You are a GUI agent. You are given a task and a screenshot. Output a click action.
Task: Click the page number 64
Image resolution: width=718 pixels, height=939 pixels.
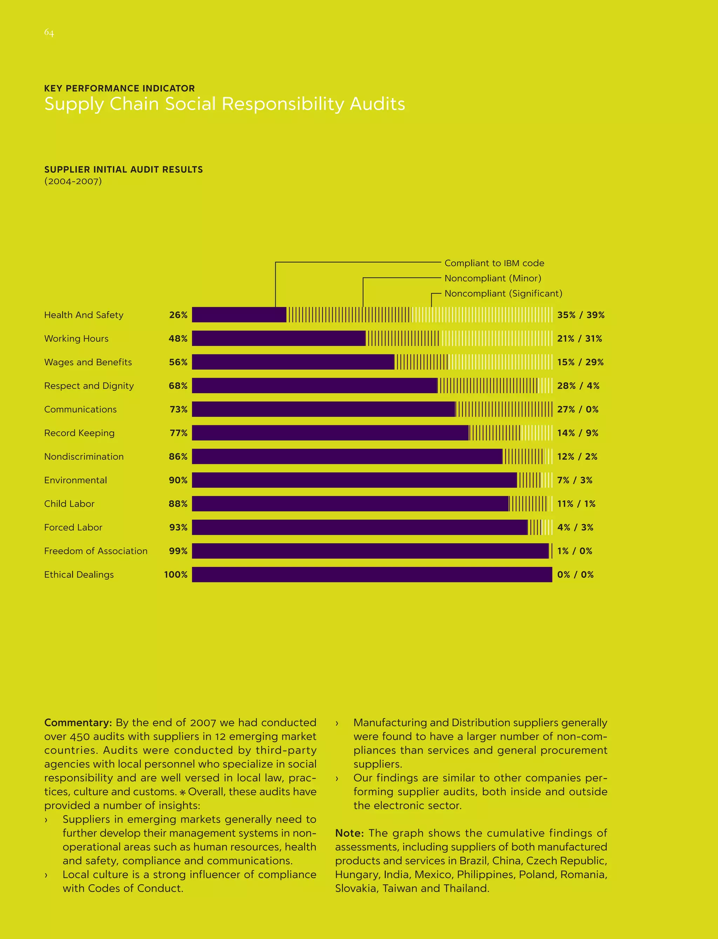coord(49,33)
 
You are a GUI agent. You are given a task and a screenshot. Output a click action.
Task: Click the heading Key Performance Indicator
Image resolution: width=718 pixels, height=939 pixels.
coord(119,88)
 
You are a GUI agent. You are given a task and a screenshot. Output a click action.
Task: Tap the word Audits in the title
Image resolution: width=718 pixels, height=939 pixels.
coord(377,104)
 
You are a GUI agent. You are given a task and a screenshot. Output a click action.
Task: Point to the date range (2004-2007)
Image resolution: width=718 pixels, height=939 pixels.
coord(73,181)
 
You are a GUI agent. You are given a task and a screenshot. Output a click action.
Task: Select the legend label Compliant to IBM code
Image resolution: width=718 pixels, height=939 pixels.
coord(494,263)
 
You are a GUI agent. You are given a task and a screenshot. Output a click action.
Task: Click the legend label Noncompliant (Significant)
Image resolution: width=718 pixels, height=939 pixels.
coord(503,293)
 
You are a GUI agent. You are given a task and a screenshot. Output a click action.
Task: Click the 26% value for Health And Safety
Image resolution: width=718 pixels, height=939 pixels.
coord(178,315)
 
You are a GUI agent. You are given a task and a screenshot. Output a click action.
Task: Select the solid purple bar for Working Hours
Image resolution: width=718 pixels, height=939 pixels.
coord(279,338)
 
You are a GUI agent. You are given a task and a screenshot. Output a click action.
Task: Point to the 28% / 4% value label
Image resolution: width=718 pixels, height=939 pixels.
coord(578,386)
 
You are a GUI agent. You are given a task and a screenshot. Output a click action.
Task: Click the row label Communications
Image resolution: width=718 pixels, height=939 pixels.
coord(80,410)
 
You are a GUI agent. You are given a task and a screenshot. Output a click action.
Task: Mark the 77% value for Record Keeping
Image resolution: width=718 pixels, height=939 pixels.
coord(179,433)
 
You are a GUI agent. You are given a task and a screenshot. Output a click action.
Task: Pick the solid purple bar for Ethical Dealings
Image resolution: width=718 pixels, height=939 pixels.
coord(372,574)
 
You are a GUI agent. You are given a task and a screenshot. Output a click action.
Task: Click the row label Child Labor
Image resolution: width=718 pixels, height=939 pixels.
coord(69,504)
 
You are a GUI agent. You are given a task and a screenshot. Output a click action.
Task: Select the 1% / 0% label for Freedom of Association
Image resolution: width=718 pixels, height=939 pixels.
coord(574,551)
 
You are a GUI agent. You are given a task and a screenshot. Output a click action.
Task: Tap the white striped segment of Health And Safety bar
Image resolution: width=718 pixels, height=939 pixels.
coord(481,315)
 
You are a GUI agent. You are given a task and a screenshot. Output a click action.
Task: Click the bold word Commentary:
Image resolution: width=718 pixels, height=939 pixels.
coord(78,723)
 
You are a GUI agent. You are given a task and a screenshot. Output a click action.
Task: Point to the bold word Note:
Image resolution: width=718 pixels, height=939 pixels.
coord(349,833)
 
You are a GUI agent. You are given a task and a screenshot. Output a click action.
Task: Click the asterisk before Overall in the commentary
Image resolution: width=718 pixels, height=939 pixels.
coord(183,792)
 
